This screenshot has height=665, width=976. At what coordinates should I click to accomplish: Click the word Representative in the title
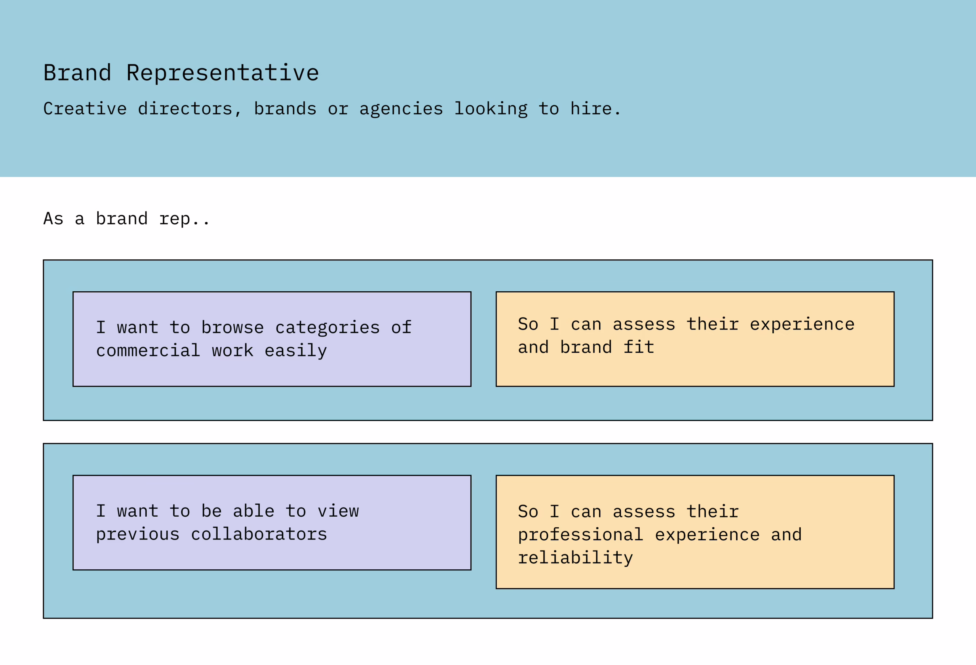[x=223, y=73]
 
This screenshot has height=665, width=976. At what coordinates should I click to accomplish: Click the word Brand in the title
[x=77, y=73]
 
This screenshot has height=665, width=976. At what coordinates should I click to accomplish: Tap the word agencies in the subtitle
[x=401, y=109]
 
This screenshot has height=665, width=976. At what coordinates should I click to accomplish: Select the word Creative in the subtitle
[x=85, y=109]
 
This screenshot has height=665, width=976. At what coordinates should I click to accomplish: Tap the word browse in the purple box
[x=233, y=327]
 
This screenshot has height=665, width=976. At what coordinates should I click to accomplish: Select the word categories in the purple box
[x=327, y=328]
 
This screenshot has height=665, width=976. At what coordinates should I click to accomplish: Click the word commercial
[x=148, y=350]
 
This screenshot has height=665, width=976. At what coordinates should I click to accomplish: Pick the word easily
[x=295, y=351]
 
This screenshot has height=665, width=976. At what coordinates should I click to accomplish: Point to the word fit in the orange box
[x=639, y=347]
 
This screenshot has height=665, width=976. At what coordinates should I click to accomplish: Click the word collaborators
[x=259, y=534]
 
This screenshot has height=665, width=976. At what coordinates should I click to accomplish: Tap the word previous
[x=138, y=534]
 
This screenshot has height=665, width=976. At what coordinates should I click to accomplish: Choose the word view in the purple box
[x=338, y=511]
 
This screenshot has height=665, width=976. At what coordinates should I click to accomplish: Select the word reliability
[x=575, y=558]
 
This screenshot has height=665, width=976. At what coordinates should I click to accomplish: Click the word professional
[x=580, y=535]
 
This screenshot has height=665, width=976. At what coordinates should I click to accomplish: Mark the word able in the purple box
[x=254, y=511]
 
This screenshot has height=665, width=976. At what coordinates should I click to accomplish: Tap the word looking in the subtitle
[x=491, y=109]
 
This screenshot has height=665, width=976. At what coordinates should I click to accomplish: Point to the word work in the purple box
[x=233, y=350]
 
